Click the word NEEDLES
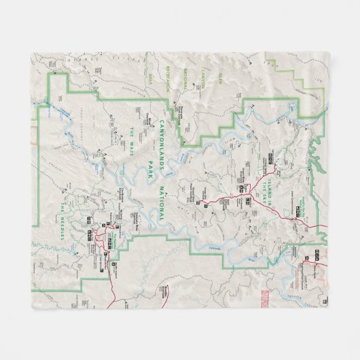[x=65, y=220]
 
